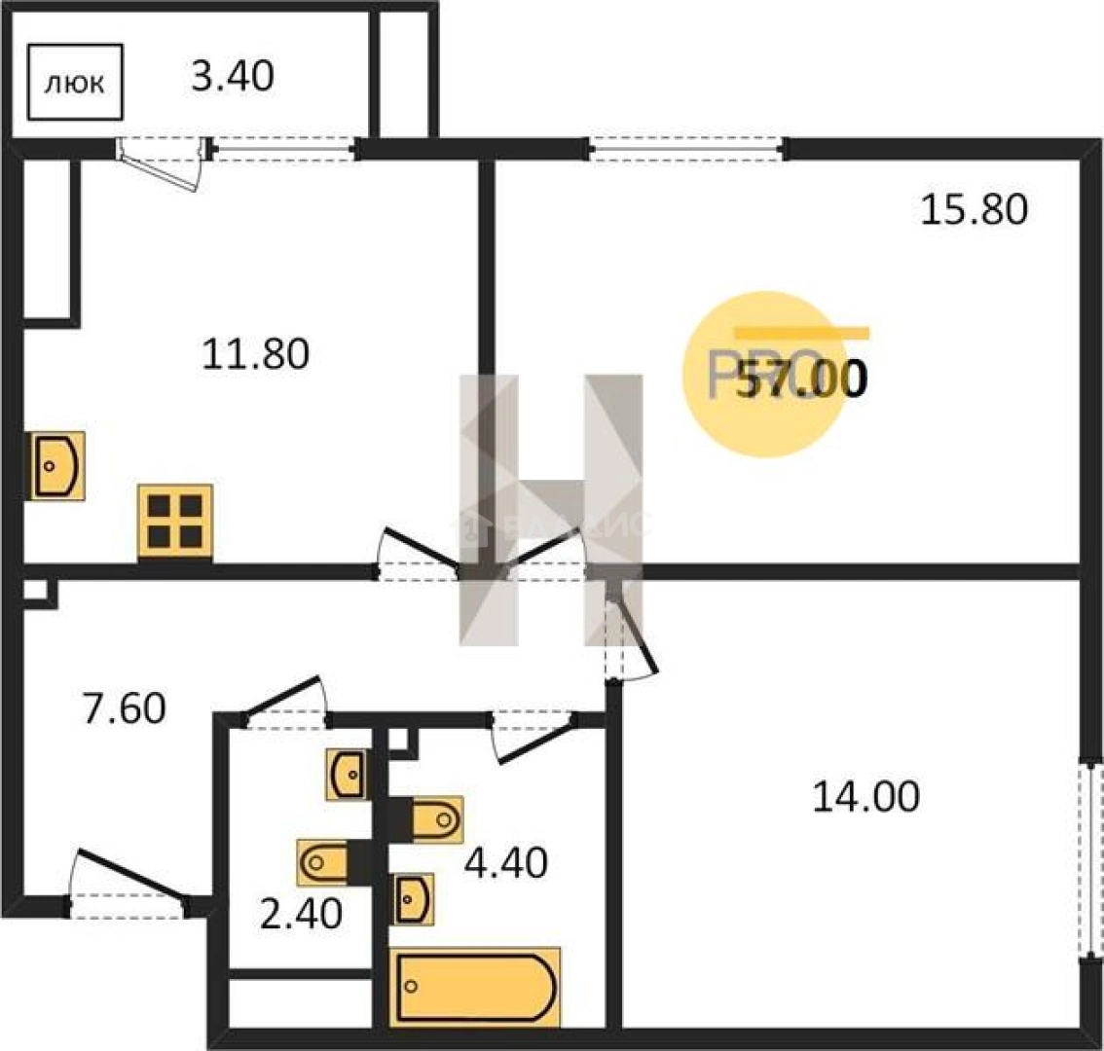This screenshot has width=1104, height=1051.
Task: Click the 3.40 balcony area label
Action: [x=232, y=75]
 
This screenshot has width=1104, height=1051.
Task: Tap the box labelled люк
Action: [x=75, y=83]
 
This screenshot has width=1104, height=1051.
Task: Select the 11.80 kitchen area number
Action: [x=255, y=353]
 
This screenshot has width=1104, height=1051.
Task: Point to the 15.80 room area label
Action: [x=974, y=209]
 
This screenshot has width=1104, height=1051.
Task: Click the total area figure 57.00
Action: [x=800, y=381]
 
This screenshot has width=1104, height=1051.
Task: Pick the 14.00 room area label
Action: [x=865, y=798]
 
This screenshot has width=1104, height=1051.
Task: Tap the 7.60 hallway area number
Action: [x=124, y=708]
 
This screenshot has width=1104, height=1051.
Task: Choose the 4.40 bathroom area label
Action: [x=505, y=862]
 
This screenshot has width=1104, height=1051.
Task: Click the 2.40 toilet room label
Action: [x=302, y=914]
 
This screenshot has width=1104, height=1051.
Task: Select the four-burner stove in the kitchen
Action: [x=175, y=521]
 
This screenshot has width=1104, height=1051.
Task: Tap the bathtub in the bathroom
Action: [x=475, y=987]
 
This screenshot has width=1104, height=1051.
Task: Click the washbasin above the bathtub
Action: [x=413, y=898]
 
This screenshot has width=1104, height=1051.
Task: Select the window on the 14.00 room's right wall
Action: [x=1090, y=856]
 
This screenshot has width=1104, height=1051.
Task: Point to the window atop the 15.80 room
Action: [x=686, y=149]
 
